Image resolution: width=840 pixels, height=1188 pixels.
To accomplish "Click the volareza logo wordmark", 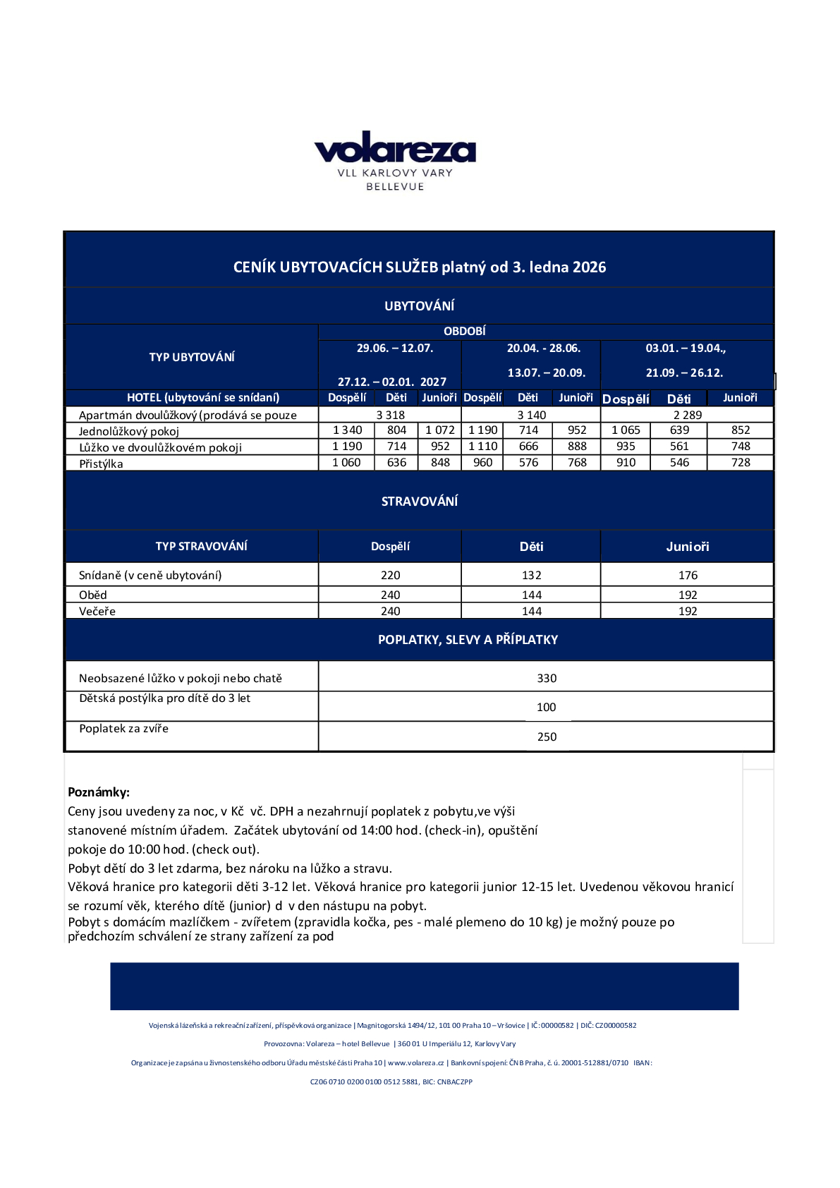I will [x=395, y=149].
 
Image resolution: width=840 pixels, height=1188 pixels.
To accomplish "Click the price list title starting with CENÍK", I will [x=420, y=267].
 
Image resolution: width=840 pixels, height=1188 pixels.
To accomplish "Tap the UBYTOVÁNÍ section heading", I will [x=420, y=306].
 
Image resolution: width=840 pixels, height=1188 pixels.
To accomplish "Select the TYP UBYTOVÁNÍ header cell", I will [x=192, y=357].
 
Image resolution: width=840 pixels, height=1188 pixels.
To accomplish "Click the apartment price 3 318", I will [x=390, y=415].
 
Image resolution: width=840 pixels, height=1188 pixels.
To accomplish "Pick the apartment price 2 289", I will [x=688, y=415].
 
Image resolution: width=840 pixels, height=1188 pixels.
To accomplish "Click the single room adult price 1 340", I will [x=347, y=430].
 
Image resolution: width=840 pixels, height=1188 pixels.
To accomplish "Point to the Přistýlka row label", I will [x=101, y=463].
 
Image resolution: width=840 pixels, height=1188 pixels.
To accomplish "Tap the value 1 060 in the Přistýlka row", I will [x=346, y=463].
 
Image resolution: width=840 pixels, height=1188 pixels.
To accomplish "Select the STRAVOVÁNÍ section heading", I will [x=420, y=502].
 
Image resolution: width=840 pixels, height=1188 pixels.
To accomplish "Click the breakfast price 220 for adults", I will [x=390, y=576].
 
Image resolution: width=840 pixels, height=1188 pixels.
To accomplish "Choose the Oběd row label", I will [x=93, y=595].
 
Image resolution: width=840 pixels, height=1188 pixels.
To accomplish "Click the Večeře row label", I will [x=97, y=611].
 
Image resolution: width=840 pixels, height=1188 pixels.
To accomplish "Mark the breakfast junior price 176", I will [x=688, y=576].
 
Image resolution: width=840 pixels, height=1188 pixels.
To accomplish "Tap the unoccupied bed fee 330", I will [x=547, y=678].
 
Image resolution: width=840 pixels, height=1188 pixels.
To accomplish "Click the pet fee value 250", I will [x=547, y=737].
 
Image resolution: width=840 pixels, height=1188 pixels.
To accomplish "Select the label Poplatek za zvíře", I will [x=124, y=728].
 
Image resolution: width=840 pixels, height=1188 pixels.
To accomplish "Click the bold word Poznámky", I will [x=99, y=792].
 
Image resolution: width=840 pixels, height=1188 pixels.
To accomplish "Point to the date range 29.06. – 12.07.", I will [x=395, y=348].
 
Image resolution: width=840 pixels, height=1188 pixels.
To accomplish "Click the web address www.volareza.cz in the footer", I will [x=416, y=1063].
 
